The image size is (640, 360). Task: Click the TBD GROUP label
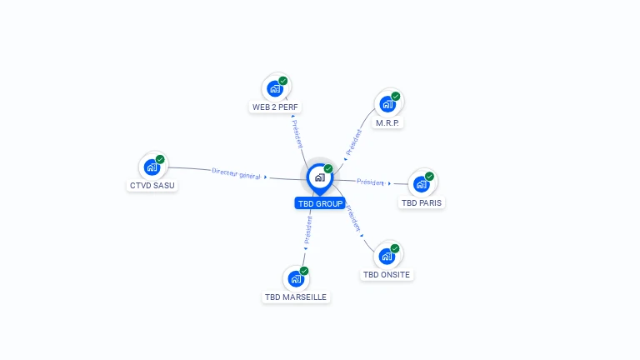click(320, 203)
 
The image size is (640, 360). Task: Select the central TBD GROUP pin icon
click(319, 177)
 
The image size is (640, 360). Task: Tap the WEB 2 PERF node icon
click(274, 88)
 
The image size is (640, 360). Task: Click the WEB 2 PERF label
click(275, 107)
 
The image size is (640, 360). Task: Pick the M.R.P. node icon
click(387, 104)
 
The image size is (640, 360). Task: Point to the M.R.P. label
click(387, 122)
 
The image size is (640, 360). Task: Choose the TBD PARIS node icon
click(421, 184)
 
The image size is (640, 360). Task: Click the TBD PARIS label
click(422, 202)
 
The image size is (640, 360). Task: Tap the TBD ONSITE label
click(387, 274)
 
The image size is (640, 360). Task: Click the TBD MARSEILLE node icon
click(295, 278)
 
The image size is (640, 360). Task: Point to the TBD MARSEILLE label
click(296, 297)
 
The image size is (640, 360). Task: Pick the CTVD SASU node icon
click(151, 167)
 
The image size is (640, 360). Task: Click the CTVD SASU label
click(152, 185)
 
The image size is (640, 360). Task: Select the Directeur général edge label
click(237, 173)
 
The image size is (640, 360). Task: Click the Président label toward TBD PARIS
click(370, 182)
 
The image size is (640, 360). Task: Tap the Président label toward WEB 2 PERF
click(297, 133)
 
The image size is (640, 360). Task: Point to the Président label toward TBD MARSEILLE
click(307, 230)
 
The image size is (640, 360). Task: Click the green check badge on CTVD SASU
click(160, 159)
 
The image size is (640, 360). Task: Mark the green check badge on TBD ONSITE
click(395, 248)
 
